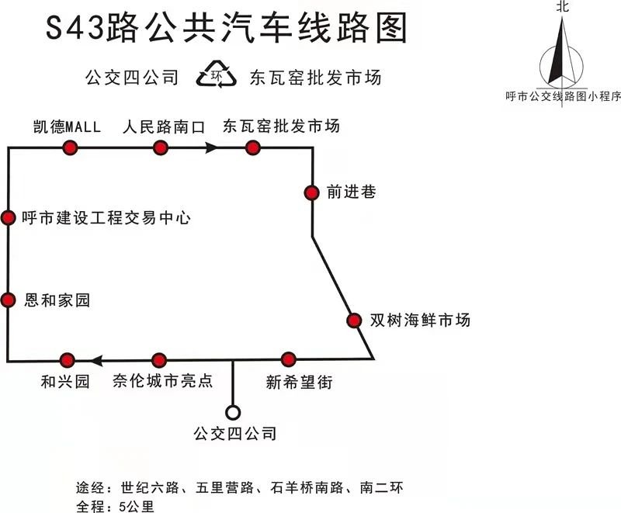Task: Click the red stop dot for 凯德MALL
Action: pos(70,147)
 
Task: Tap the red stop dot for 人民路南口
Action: pos(161,147)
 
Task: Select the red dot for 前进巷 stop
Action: pos(312,192)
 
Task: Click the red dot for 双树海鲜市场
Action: pos(354,321)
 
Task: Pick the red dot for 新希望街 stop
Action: pos(289,359)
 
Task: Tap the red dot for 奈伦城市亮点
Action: pos(159,360)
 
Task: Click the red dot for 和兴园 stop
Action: pos(67,361)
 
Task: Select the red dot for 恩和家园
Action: pos(8,300)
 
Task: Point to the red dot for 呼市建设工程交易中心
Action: pos(8,218)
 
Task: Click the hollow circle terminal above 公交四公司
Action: pos(233,412)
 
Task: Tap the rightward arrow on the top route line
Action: pos(211,148)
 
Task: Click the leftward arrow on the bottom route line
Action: pos(97,361)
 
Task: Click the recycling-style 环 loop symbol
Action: pos(217,74)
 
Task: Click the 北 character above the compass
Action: pos(562,6)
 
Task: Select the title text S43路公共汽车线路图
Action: pos(227,28)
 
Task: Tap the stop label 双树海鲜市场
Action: pos(420,320)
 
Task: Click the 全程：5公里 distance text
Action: pos(115,506)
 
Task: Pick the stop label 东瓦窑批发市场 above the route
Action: pos(281,126)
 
